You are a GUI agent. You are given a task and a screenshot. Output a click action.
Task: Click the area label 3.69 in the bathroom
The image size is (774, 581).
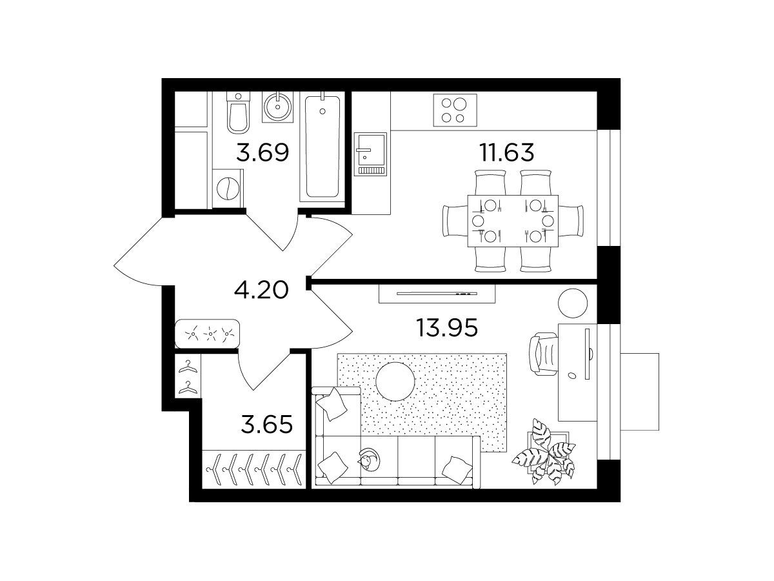point(263,152)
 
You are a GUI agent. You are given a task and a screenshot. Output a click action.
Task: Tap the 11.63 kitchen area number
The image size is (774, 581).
point(506,152)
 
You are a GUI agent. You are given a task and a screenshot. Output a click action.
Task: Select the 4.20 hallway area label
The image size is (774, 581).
point(261,290)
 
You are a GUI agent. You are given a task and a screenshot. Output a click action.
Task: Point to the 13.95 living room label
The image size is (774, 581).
point(447,327)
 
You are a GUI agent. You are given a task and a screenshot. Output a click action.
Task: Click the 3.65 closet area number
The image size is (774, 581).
point(267,424)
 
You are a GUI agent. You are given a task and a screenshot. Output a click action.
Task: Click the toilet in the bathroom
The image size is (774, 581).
point(238,112)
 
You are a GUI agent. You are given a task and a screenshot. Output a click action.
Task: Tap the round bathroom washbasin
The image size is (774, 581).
point(277,107)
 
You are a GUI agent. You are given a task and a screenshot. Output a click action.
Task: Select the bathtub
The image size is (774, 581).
point(322,147)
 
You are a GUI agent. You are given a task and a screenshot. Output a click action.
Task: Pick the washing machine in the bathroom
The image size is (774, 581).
point(228,189)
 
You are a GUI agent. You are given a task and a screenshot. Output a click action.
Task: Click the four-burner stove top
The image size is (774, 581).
point(455,110)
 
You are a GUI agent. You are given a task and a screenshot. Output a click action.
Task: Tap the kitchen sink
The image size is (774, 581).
point(370,154)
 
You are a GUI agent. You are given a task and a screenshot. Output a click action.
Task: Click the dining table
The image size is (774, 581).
point(513,221)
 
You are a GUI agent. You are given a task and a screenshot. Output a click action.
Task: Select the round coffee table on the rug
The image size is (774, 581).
point(395,382)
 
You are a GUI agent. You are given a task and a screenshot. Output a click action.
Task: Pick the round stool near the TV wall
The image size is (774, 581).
point(573,303)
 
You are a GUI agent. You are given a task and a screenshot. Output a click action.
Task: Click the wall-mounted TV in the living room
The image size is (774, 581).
point(437,293)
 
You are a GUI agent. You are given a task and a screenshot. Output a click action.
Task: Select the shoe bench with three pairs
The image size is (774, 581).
point(207,333)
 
